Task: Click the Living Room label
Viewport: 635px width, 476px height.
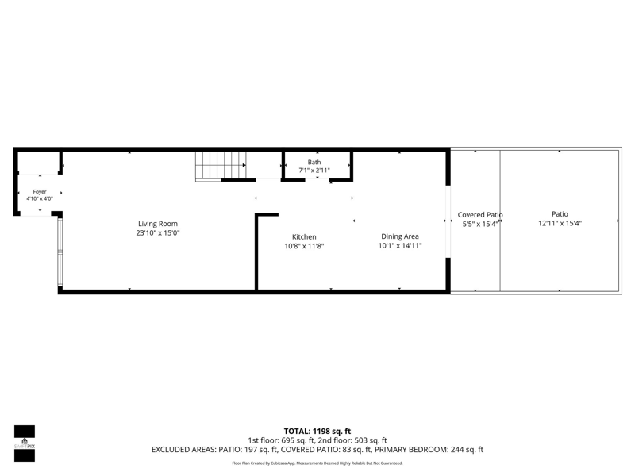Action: coord(158,224)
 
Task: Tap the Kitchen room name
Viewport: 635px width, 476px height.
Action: coord(304,236)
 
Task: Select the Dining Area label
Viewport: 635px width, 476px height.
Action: coord(400,236)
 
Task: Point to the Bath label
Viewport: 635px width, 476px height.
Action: coord(314,162)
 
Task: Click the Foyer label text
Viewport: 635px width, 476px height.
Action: coord(40,191)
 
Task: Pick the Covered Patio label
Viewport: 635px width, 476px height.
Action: coord(480,215)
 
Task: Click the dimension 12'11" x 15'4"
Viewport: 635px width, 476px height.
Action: coord(560,223)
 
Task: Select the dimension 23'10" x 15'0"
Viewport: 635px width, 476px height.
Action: coord(158,232)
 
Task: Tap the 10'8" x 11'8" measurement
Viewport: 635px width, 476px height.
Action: coord(304,246)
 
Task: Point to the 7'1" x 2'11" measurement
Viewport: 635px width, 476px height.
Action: coord(314,171)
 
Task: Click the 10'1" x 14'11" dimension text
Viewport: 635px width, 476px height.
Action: coord(400,246)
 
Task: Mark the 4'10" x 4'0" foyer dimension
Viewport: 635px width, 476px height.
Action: coord(40,198)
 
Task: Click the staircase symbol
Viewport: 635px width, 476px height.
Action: coord(221,166)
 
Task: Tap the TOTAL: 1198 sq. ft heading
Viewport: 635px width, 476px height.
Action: coord(317,431)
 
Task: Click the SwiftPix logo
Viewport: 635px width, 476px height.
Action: coord(25,443)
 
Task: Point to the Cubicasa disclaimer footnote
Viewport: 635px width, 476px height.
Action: coord(317,463)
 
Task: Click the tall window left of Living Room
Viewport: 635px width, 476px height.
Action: coord(60,252)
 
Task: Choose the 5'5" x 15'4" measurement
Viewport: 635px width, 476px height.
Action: coord(480,224)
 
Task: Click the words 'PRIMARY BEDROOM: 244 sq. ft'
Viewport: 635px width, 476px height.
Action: coord(429,450)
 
